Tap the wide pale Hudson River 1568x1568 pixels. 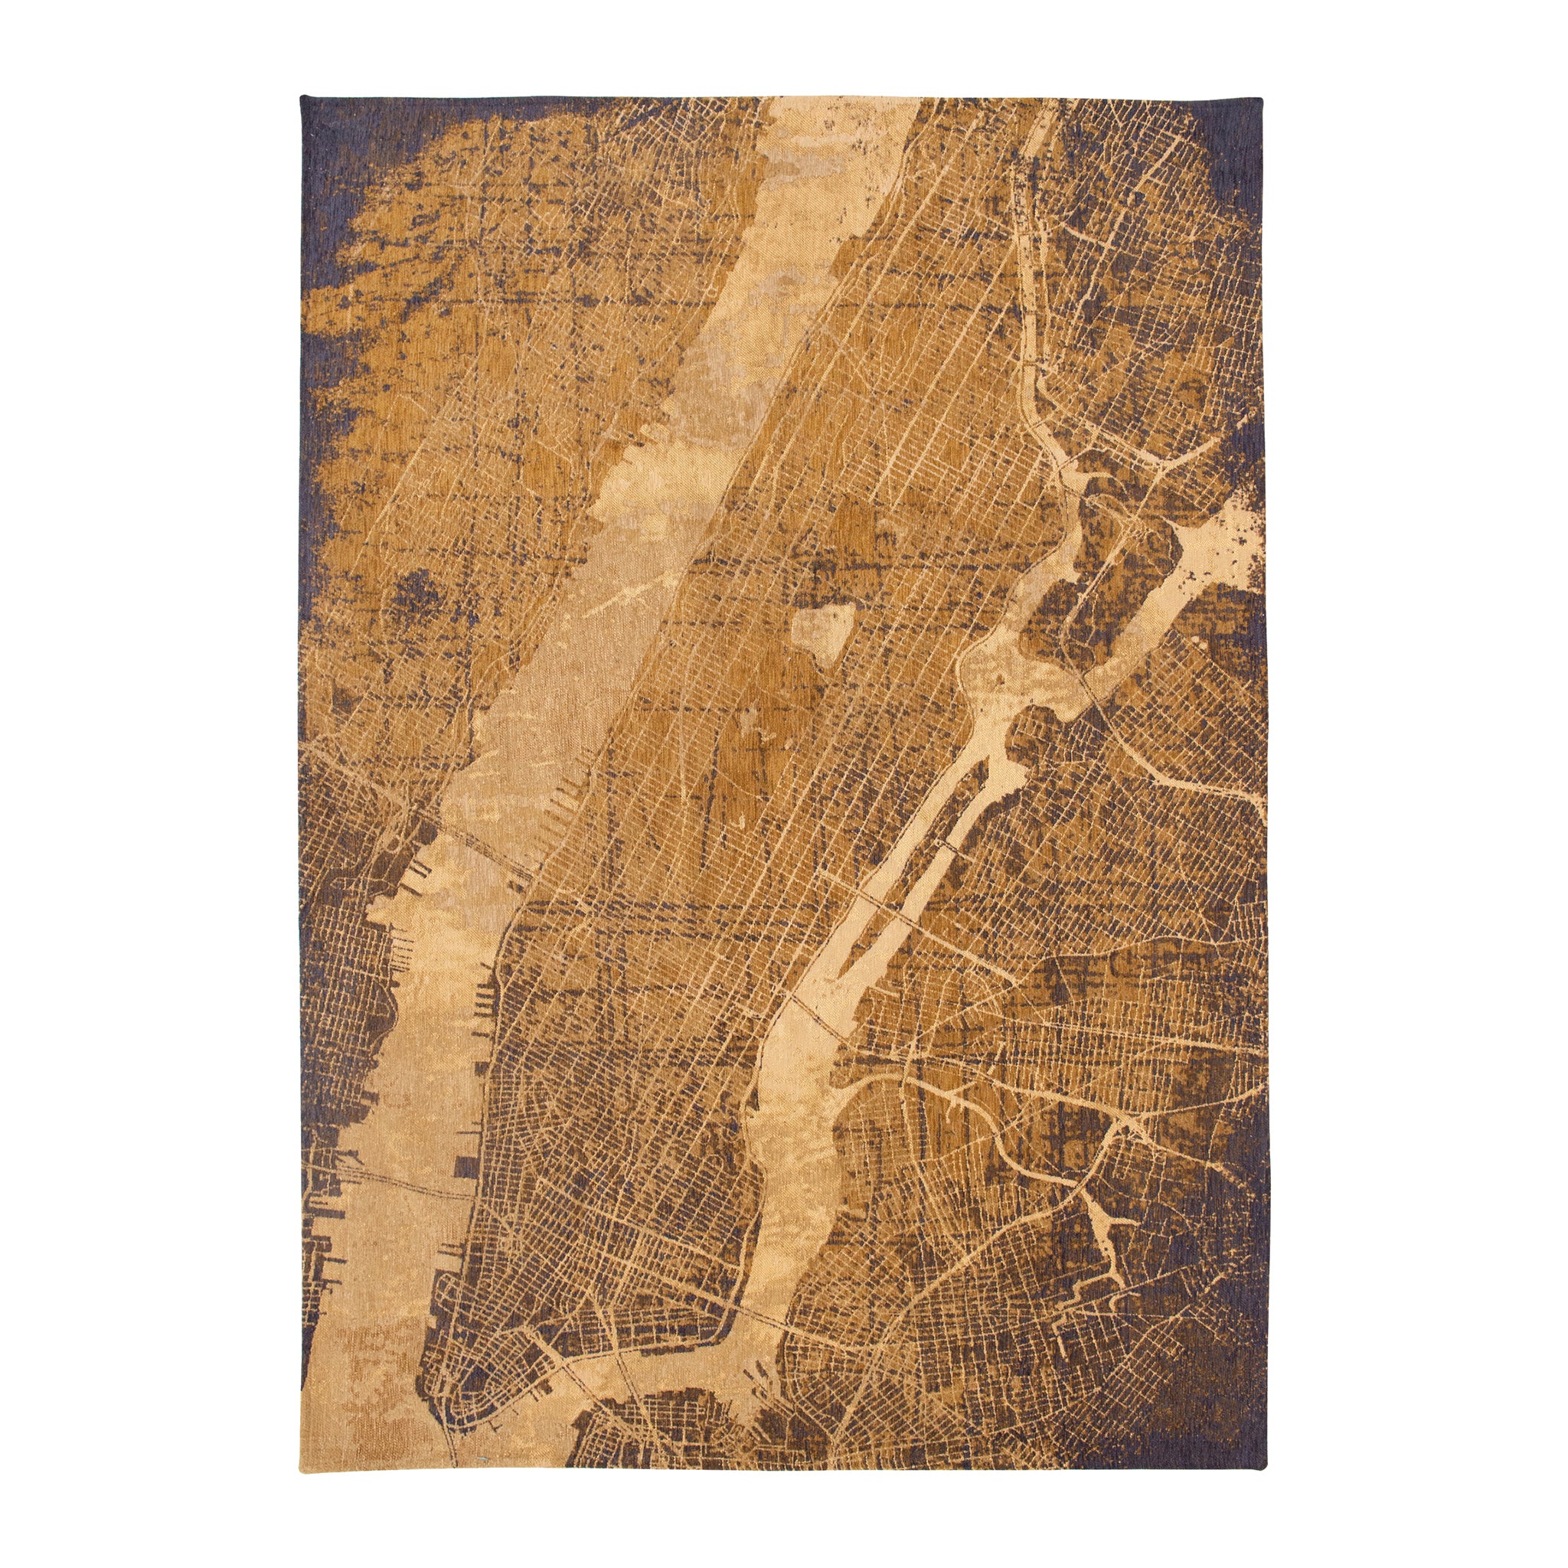coord(568,649)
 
